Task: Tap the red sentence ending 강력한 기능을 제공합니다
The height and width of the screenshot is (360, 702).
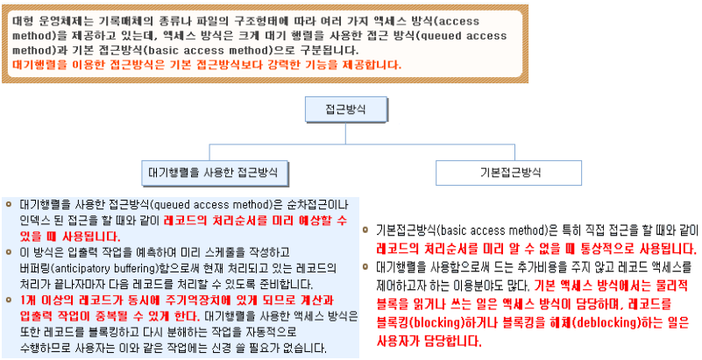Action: coord(207,64)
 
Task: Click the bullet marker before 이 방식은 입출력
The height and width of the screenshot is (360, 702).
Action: coord(9,252)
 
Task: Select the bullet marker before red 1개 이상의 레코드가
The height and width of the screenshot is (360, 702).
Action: coord(9,299)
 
